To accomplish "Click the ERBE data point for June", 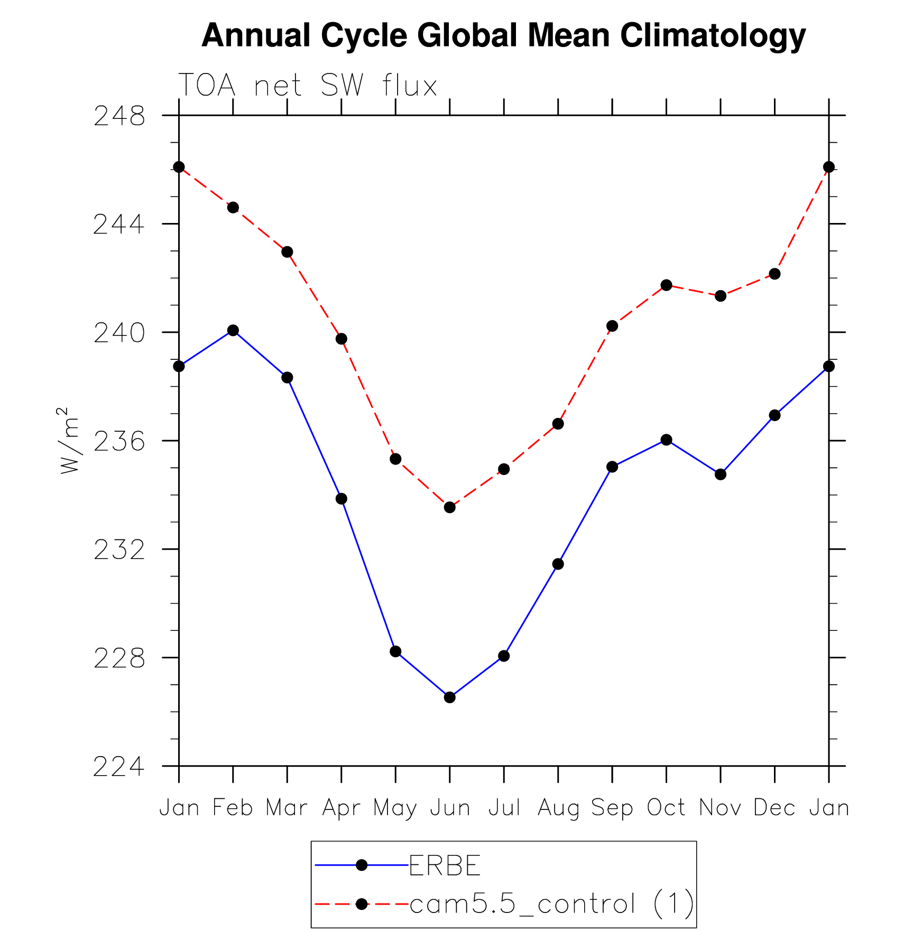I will [449, 697].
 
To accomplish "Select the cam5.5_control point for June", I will [449, 507].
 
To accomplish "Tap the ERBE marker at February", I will [233, 330].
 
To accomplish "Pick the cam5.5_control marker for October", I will [666, 285].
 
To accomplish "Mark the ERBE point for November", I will [721, 474].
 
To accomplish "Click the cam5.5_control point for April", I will [342, 339].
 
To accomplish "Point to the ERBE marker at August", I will [558, 564].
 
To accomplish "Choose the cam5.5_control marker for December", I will [774, 274].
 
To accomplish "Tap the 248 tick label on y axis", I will [119, 116].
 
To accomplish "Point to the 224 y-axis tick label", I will [119, 767].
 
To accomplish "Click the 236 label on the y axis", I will [119, 442].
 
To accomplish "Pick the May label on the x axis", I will [395, 808].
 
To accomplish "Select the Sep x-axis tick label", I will [612, 808].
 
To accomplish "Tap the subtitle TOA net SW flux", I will [308, 85].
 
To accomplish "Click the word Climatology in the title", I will [713, 35].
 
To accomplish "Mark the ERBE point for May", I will [395, 651].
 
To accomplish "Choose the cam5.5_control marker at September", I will [612, 326].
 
